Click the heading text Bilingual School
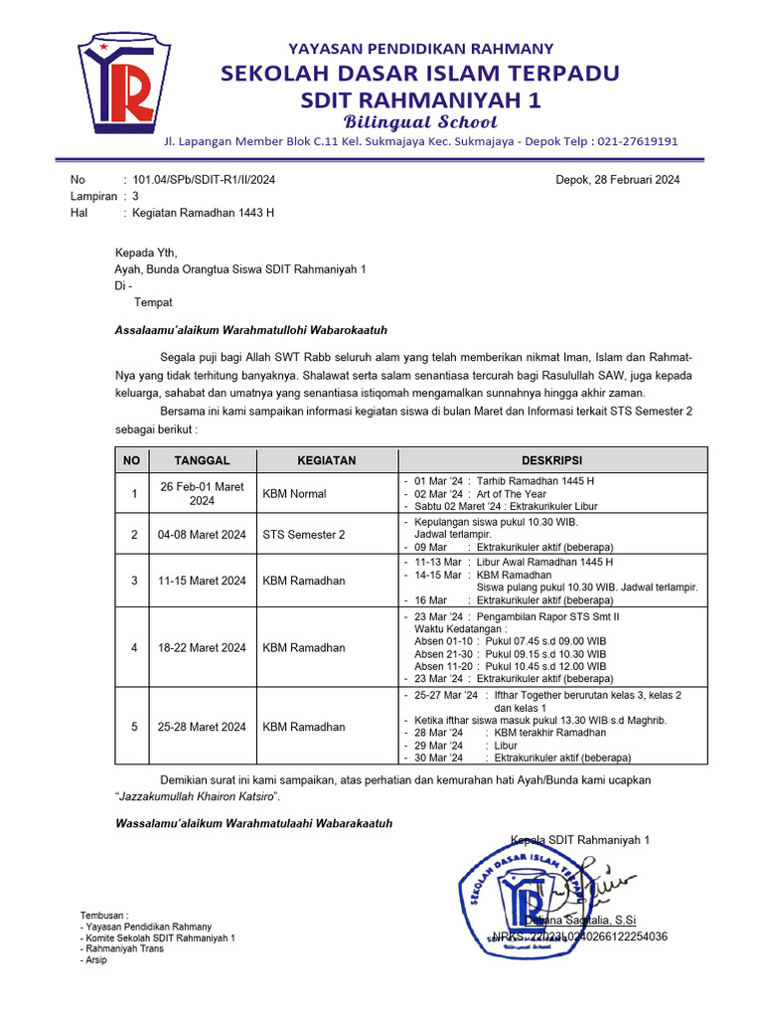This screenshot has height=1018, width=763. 420,122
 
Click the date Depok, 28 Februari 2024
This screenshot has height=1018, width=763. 616,180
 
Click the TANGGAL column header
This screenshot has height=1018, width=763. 202,460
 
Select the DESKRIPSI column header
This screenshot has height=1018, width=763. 552,460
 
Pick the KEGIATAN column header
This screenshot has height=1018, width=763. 327,460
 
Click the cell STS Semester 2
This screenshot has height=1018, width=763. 304,535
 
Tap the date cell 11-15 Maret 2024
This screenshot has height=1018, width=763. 202,581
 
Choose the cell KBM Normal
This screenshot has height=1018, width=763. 294,494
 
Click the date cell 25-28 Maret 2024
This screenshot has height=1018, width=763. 202,727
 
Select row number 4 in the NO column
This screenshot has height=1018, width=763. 133,648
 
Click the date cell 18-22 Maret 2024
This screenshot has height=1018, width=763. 202,648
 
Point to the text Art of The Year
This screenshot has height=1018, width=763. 512,494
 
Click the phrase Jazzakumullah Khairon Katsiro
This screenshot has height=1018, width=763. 198,797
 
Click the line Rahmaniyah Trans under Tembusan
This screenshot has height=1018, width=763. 124,948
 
